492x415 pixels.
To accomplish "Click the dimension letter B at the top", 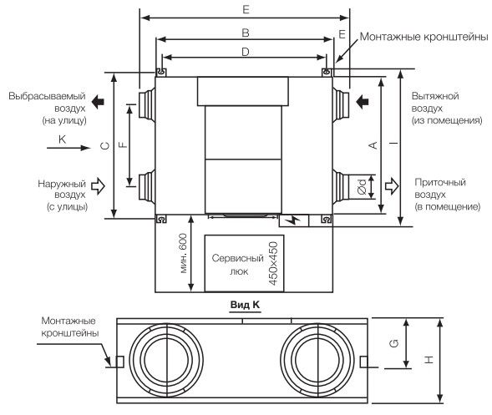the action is (x=246, y=33).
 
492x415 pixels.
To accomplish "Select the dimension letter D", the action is (x=246, y=52).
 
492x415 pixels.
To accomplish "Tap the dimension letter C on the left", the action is (x=105, y=145).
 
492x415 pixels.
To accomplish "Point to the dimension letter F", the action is (x=124, y=144).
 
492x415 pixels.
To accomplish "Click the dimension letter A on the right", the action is (x=373, y=145).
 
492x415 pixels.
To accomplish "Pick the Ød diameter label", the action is (x=362, y=187).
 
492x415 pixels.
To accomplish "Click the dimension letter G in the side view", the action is (x=394, y=343).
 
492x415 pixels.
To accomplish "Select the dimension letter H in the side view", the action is (x=429, y=360).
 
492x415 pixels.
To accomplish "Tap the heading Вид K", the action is (x=245, y=305).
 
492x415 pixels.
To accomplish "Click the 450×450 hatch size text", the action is (x=274, y=264).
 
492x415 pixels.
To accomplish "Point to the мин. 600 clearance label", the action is (x=183, y=254).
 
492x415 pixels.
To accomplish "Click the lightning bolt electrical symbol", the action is (x=295, y=220).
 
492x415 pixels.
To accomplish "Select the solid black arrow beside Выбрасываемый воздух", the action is (x=98, y=102).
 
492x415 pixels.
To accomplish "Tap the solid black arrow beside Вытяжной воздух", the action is (x=363, y=101).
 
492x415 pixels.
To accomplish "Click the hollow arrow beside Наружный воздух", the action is (x=98, y=186).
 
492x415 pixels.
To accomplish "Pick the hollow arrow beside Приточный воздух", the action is (x=392, y=185).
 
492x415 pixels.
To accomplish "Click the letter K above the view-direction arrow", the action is (x=62, y=139).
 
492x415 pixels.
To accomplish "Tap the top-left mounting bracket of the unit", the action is (x=161, y=73).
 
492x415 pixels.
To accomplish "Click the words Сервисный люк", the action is (x=237, y=265).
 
